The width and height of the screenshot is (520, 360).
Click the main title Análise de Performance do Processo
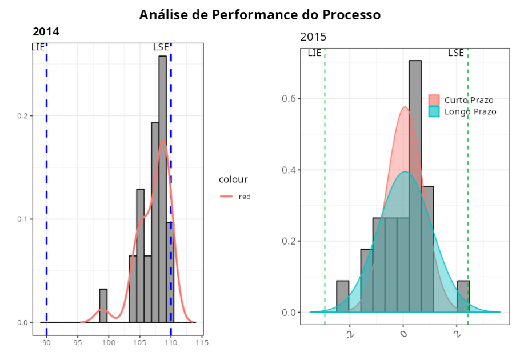[260, 14]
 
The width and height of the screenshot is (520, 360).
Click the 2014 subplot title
[46, 32]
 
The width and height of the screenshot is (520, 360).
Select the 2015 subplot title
[313, 38]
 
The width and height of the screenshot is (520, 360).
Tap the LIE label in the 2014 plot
[38, 47]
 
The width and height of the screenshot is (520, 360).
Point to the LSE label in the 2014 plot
[161, 47]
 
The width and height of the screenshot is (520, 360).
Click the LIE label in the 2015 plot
[314, 53]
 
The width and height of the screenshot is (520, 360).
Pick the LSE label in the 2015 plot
[456, 53]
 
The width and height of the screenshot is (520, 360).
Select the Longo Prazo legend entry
[470, 111]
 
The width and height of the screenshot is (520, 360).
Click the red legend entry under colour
[245, 197]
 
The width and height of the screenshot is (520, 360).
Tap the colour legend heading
[233, 179]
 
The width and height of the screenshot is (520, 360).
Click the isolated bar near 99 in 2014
[103, 306]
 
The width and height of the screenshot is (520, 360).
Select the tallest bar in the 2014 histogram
[162, 189]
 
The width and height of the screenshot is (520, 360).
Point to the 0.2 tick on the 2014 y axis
[24, 116]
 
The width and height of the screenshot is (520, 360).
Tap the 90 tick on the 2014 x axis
[46, 343]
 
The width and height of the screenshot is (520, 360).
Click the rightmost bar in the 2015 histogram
[463, 296]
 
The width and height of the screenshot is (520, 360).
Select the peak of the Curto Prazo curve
[405, 107]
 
